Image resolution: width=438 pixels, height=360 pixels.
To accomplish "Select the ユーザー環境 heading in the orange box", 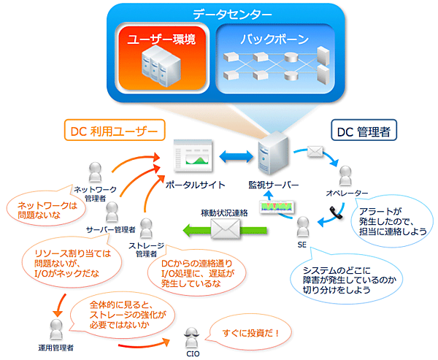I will (x=161, y=39).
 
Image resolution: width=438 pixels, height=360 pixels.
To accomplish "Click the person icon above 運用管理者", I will (x=55, y=329).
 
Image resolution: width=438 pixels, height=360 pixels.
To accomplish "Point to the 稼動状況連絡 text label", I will (x=224, y=212).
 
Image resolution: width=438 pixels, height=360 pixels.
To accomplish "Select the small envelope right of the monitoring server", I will (x=315, y=152).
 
